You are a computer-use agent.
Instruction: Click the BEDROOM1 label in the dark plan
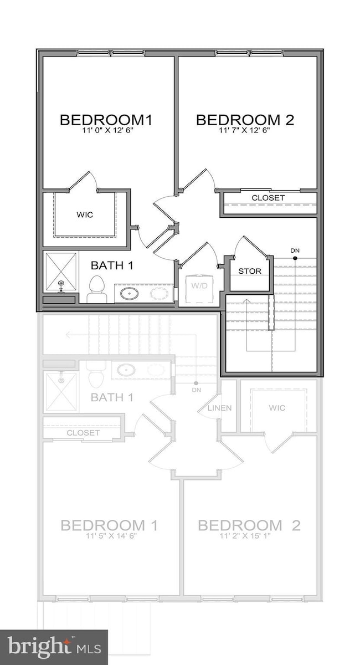click(106, 120)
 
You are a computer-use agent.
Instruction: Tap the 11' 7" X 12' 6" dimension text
click(244, 131)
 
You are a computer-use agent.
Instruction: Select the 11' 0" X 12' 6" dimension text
click(106, 131)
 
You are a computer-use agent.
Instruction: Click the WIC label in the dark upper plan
click(85, 214)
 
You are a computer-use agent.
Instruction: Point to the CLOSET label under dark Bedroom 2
click(268, 198)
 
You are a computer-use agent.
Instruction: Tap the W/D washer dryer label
click(199, 286)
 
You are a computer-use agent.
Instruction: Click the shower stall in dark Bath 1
click(60, 272)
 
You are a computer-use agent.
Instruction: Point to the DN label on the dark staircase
click(295, 251)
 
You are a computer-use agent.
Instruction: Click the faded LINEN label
click(219, 408)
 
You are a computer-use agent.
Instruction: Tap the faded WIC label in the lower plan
click(277, 408)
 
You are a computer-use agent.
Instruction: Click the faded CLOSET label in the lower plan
click(83, 433)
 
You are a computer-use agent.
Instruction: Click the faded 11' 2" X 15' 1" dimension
click(249, 536)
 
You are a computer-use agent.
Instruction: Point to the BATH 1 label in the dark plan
click(112, 265)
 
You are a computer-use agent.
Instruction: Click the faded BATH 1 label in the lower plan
click(112, 397)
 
